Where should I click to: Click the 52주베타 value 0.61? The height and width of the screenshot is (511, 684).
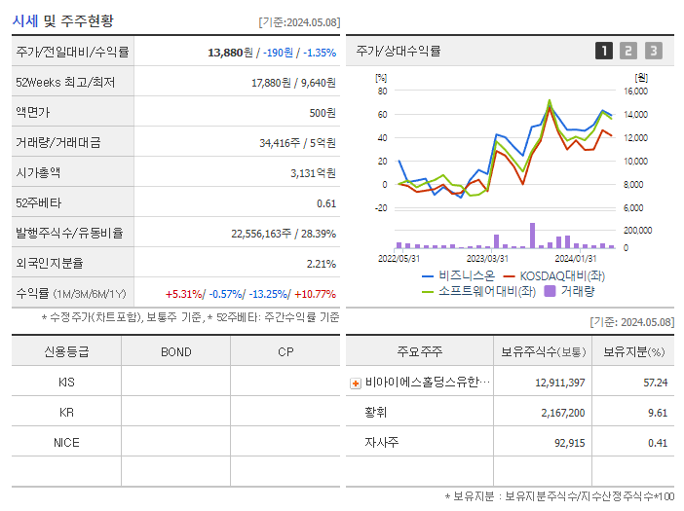pos(325,202)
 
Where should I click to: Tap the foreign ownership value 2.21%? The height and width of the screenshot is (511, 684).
pos(321,263)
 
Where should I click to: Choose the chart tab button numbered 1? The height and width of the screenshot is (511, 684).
pos(604,51)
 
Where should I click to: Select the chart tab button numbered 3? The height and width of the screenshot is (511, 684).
pos(653,51)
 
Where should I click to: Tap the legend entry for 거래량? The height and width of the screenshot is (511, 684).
pos(575,290)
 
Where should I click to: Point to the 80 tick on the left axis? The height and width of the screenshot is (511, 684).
pos(382,91)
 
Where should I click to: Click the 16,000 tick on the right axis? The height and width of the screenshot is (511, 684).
pos(634,91)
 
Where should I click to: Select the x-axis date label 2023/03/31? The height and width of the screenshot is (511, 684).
pos(487,258)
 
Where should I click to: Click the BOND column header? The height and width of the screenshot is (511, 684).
pos(175,351)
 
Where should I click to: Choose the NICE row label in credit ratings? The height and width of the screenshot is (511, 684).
pos(66,442)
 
